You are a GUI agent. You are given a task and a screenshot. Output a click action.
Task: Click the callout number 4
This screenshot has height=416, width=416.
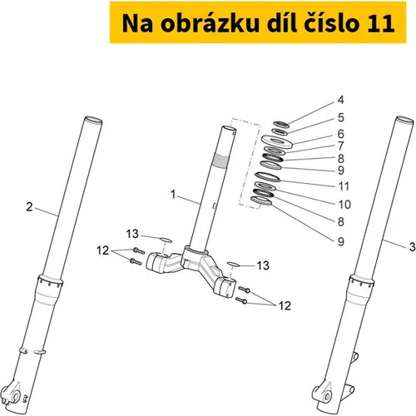pyautogui.click(x=341, y=100)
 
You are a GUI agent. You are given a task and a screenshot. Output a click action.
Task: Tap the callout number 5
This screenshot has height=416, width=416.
pyautogui.click(x=341, y=117)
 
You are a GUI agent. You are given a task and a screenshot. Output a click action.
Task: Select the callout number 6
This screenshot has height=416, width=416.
pyautogui.click(x=341, y=134)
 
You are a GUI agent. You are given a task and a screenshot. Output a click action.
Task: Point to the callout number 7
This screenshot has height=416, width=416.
pyautogui.click(x=341, y=146)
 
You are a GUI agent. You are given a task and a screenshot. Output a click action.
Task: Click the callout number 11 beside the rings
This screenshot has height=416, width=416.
pyautogui.click(x=344, y=186)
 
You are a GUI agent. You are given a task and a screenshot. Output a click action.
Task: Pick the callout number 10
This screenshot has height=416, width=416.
pyautogui.click(x=344, y=205)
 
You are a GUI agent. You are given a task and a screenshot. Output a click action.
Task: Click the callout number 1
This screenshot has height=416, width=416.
pyautogui.click(x=173, y=195)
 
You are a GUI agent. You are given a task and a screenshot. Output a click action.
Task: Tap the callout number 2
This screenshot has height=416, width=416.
pyautogui.click(x=29, y=207)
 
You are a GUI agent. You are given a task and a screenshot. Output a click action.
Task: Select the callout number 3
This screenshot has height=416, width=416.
pyautogui.click(x=413, y=246)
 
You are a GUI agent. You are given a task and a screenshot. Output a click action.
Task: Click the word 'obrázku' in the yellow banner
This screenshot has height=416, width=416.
pyautogui.click(x=210, y=23)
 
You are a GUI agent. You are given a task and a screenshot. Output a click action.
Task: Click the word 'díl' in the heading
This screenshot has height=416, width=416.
pyautogui.click(x=280, y=22)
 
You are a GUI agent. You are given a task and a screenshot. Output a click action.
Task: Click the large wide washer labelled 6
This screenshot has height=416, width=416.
pyautogui.click(x=277, y=141)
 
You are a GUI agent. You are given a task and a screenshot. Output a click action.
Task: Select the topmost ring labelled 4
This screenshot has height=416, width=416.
pyautogui.click(x=281, y=125)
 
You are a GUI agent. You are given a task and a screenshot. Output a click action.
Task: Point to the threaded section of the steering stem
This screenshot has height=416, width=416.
pyautogui.click(x=220, y=161)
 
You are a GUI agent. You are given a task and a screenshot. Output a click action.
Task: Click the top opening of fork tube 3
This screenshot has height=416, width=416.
pyautogui.click(x=405, y=120)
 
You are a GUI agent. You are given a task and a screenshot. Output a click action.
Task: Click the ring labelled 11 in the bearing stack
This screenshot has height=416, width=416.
pyautogui.click(x=267, y=177)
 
